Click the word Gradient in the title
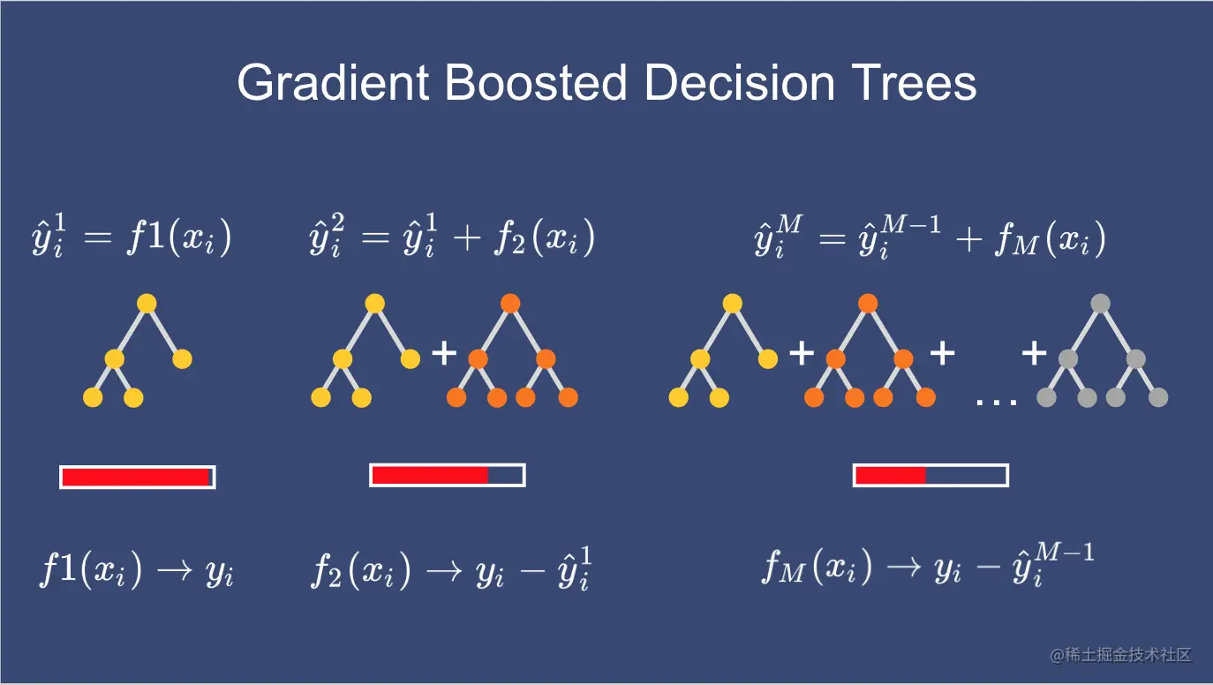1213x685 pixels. coord(334,83)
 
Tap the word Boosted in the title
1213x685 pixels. coord(536,83)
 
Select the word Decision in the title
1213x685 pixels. coord(739,83)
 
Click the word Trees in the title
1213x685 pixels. coord(914,83)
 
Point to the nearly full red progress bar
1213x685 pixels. coord(138,477)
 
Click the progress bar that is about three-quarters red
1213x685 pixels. coord(448,476)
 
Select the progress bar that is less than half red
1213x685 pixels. coord(930,476)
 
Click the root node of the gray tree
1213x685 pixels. coord(1100,304)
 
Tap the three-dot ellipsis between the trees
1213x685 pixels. coord(996,403)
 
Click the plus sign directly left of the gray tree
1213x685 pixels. coord(1034,353)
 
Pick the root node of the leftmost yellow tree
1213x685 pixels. coord(147,304)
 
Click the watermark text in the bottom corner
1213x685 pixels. coord(1120,655)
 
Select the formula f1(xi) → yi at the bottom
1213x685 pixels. coord(137,570)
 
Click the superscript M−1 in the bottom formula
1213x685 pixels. coord(1064,553)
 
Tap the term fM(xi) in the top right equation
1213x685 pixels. coord(1051,239)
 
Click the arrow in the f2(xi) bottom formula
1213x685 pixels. coord(444,571)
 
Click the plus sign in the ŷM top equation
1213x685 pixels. coord(969,239)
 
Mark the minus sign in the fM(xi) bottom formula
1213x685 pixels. coord(988,568)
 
